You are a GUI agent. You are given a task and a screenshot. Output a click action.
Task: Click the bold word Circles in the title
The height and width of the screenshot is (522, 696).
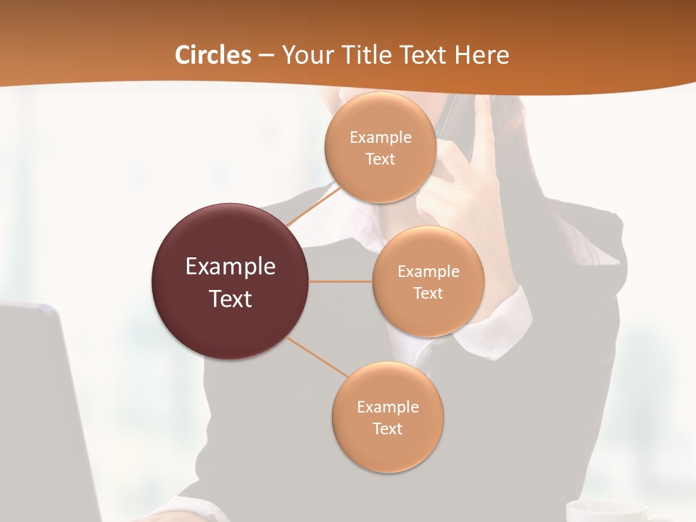pyautogui.click(x=212, y=55)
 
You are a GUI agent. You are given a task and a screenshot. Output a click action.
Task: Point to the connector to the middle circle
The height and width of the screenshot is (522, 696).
pyautogui.click(x=341, y=281)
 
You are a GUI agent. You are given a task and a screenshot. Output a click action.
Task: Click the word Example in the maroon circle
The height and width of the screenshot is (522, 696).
pyautogui.click(x=231, y=267)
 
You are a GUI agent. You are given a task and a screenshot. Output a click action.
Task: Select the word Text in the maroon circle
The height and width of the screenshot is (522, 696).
pyautogui.click(x=231, y=299)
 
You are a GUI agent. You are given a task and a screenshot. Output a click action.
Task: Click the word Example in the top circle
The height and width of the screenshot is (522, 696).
pyautogui.click(x=381, y=138)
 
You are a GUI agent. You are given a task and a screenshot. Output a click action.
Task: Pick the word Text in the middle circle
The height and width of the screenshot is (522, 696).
pyautogui.click(x=428, y=294)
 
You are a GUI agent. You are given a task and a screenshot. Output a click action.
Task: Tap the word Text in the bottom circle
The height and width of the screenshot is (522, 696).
pyautogui.click(x=387, y=429)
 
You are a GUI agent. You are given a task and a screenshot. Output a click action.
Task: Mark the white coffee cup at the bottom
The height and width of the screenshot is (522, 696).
pyautogui.click(x=605, y=510)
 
